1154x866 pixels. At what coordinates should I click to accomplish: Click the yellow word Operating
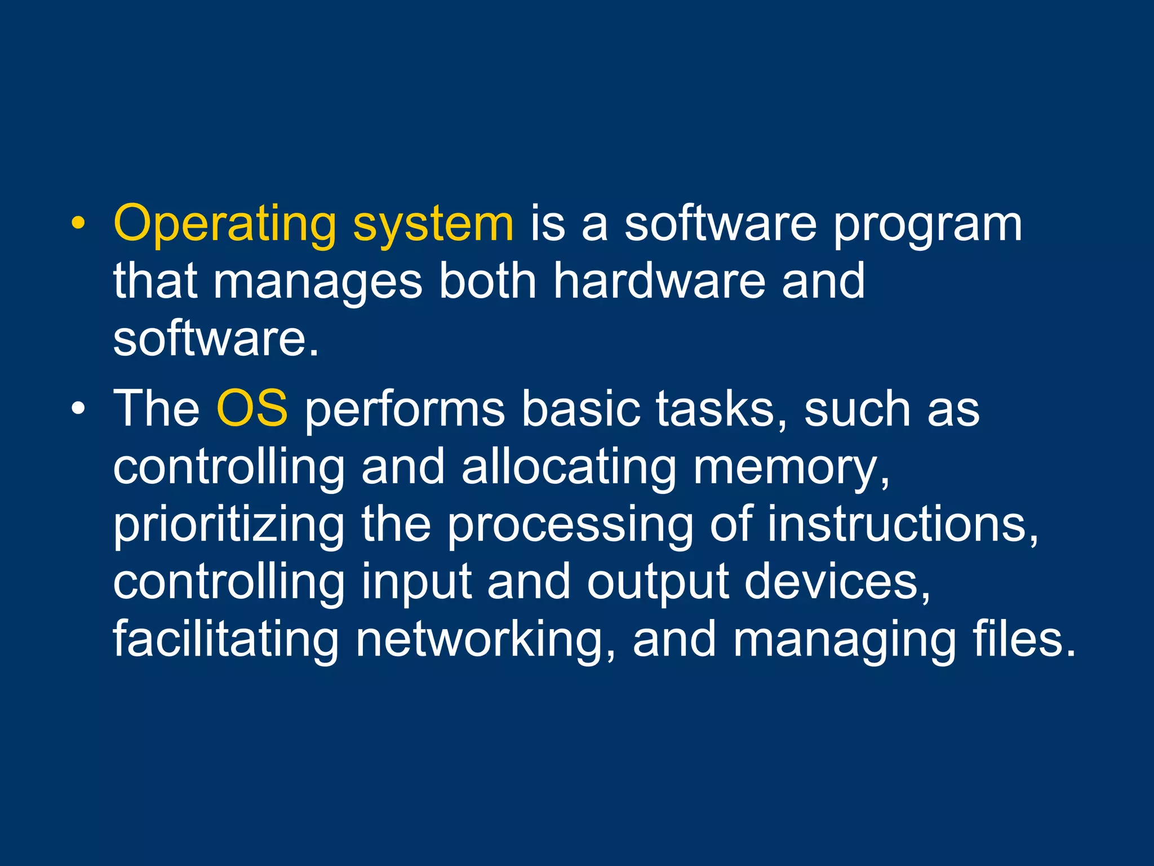pyautogui.click(x=225, y=224)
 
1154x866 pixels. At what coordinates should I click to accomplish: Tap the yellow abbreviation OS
pyautogui.click(x=252, y=408)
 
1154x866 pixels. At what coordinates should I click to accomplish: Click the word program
pyautogui.click(x=927, y=224)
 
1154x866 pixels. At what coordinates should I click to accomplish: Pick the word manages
pyautogui.click(x=317, y=282)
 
